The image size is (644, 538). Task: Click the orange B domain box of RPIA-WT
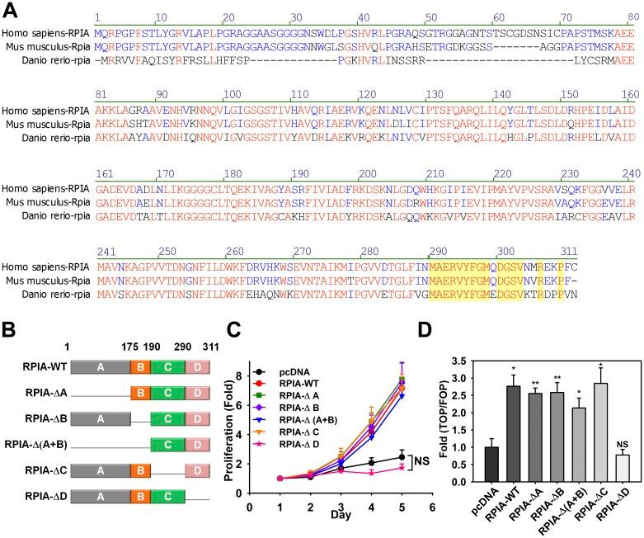pos(139,337)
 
